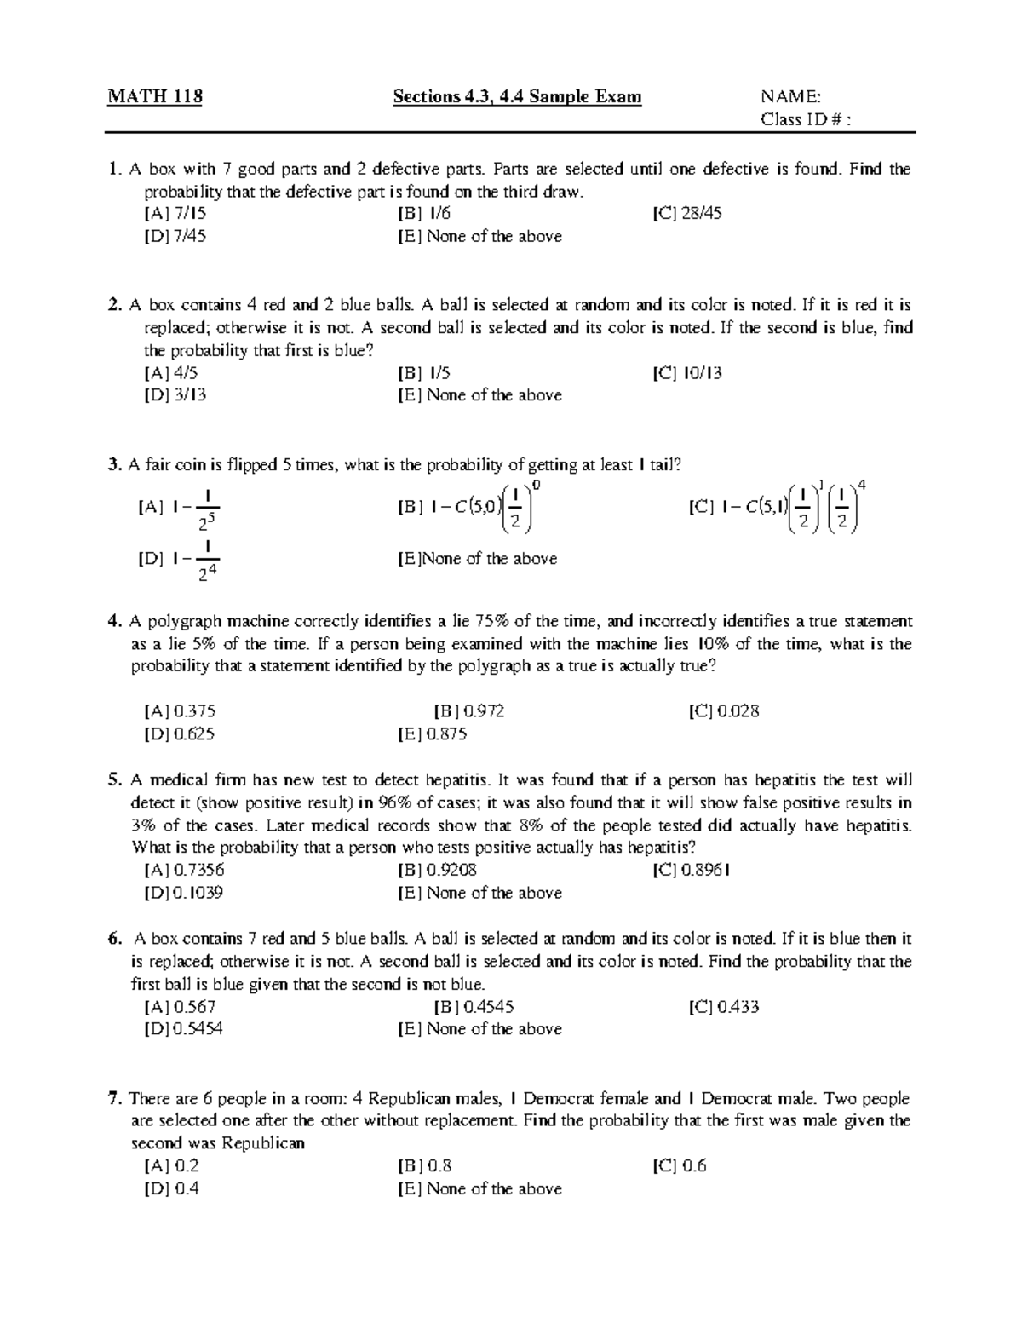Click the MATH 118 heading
[154, 96]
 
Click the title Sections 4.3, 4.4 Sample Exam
[517, 96]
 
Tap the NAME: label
[790, 96]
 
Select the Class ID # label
[805, 119]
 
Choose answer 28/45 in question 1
[686, 214]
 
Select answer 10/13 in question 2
[687, 373]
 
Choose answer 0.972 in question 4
[469, 711]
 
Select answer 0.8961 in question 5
[692, 870]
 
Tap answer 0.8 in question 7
[425, 1166]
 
